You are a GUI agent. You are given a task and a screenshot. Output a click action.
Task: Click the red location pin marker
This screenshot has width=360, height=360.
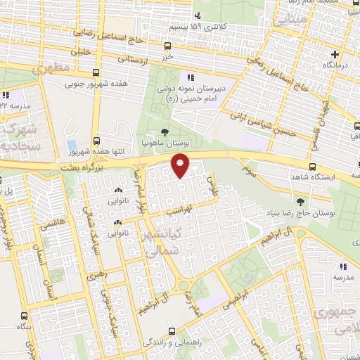coord(181,165)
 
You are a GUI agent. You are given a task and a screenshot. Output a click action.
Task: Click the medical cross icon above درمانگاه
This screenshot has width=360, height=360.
coord(335,54)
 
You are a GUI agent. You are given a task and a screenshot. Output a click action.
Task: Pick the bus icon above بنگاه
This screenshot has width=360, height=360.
coord(27,315)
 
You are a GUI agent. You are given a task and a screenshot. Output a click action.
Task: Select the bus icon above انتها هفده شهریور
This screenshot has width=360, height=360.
coord(96,139)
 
